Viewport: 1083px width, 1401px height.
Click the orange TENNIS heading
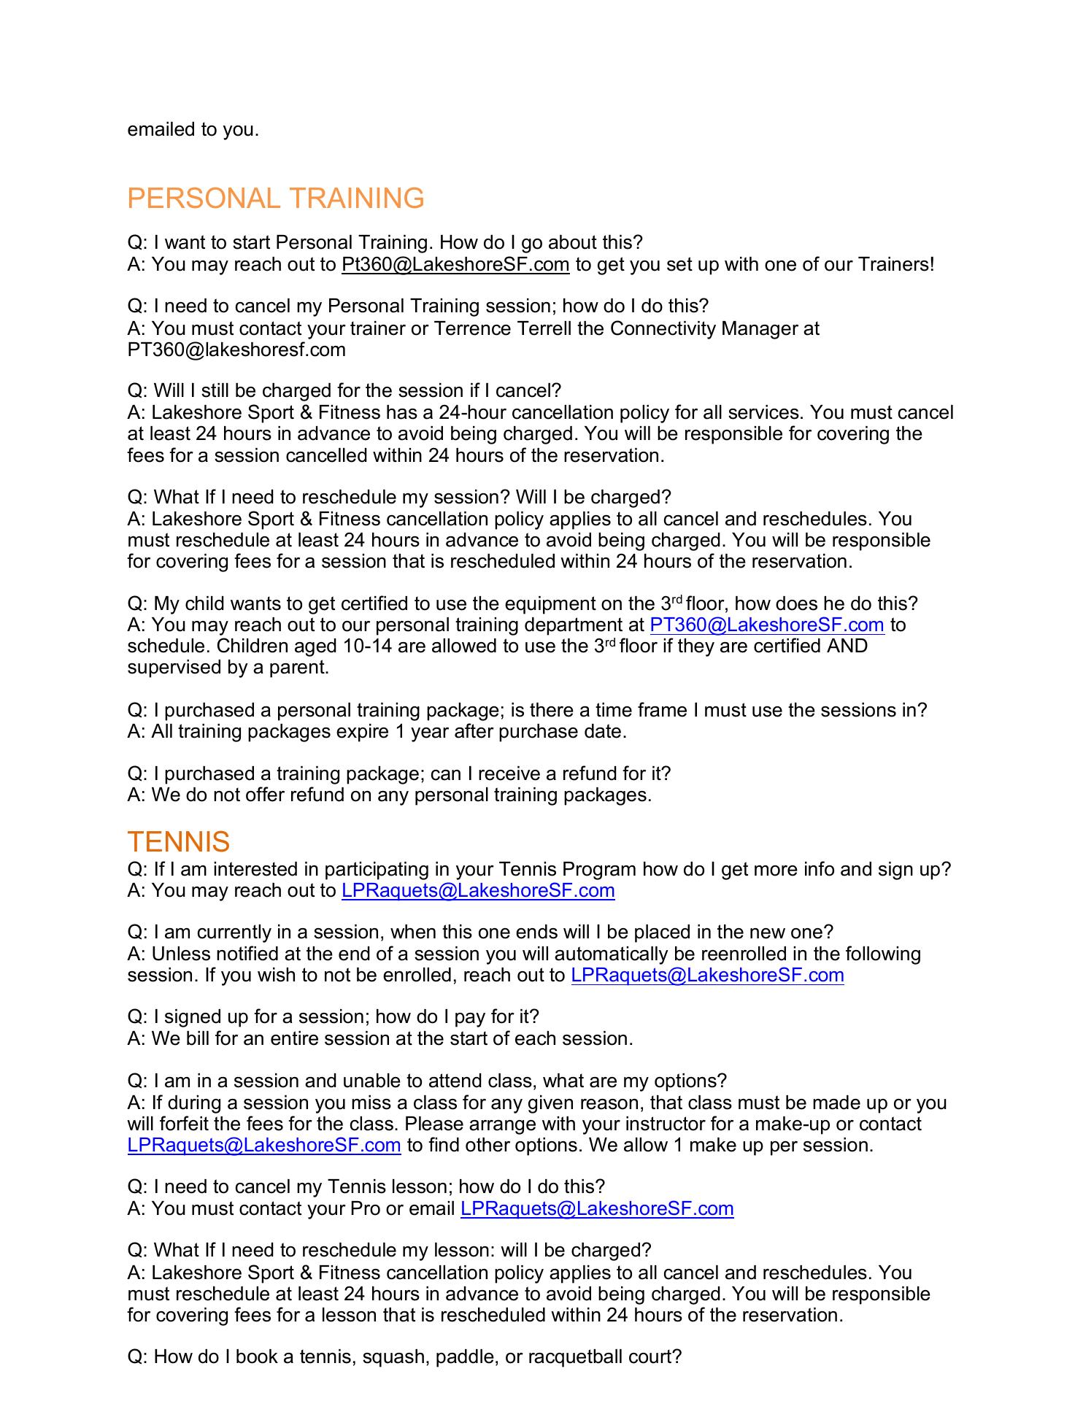click(x=178, y=842)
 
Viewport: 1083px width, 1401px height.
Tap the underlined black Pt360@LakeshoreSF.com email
click(x=455, y=264)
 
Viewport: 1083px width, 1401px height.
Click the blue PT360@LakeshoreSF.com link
click(x=766, y=625)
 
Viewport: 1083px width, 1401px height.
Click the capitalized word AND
click(x=847, y=647)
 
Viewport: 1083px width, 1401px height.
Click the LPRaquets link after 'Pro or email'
click(x=596, y=1208)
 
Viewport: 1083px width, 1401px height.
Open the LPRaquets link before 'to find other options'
click(x=263, y=1145)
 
